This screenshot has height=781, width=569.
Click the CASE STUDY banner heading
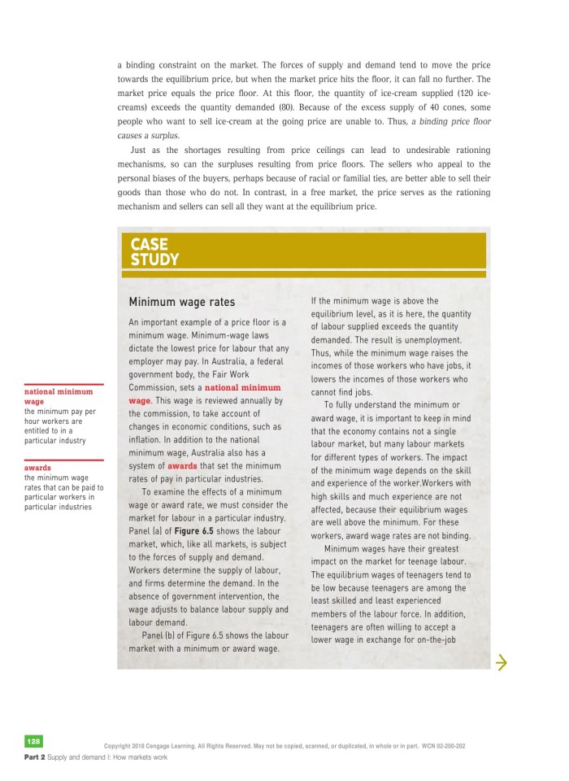(x=154, y=252)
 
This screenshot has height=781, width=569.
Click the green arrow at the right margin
(x=501, y=664)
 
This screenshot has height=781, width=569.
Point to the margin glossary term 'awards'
(x=37, y=468)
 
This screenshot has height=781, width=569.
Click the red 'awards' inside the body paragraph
(x=183, y=465)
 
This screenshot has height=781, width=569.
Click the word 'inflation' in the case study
(x=150, y=439)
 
